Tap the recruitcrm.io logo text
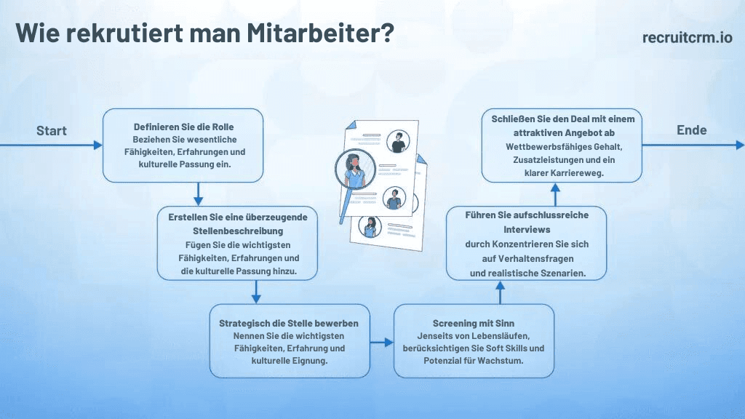pyautogui.click(x=687, y=37)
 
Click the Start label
pyautogui.click(x=52, y=131)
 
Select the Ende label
pyautogui.click(x=691, y=130)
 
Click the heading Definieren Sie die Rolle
pyautogui.click(x=183, y=127)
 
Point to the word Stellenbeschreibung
pyautogui.click(x=238, y=231)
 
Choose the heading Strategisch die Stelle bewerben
pyautogui.click(x=289, y=324)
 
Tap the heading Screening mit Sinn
pyautogui.click(x=473, y=324)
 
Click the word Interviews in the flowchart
pyautogui.click(x=527, y=230)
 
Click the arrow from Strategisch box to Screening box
pyautogui.click(x=382, y=342)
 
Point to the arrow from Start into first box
pyautogui.click(x=51, y=145)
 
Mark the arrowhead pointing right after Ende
pyautogui.click(x=740, y=145)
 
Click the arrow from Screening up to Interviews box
pyautogui.click(x=500, y=292)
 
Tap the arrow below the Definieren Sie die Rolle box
pyautogui.click(x=198, y=193)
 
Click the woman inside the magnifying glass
pyautogui.click(x=354, y=169)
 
